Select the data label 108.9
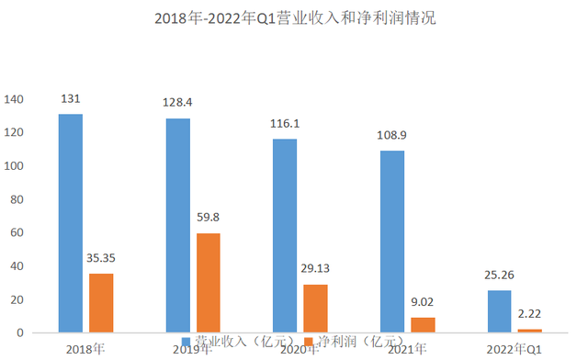tap(390, 134)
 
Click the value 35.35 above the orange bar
tap(101, 257)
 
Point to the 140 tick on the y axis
tap(16, 99)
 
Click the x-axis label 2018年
tap(85, 349)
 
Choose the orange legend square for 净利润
tap(308, 342)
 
